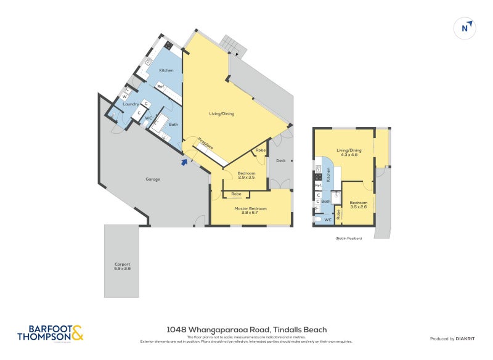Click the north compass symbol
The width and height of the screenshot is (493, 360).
466,28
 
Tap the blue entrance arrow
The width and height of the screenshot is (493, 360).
183,162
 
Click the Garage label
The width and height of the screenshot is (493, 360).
152,179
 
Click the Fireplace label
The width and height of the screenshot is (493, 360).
205,145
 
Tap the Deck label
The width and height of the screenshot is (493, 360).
281,161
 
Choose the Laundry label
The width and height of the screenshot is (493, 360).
130,104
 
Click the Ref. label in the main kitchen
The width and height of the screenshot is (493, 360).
160,86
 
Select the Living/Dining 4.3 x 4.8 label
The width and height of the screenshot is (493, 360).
348,152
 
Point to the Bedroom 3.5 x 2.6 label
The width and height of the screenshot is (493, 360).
358,205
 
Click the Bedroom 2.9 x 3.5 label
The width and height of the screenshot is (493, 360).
246,175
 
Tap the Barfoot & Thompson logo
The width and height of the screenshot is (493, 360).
51,333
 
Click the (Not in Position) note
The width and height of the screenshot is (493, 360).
348,238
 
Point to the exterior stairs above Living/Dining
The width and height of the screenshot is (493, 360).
233,43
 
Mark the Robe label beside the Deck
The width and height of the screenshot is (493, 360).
261,150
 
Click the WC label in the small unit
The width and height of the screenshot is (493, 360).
328,219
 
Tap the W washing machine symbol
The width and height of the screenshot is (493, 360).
124,96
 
